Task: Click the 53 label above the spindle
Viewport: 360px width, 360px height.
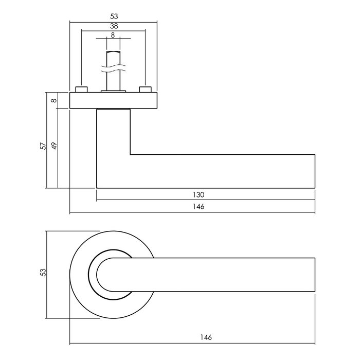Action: click(113, 16)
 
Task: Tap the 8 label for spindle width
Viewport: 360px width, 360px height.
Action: click(113, 35)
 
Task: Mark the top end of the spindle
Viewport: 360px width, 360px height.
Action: click(113, 52)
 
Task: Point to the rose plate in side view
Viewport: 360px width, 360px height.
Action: click(113, 101)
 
